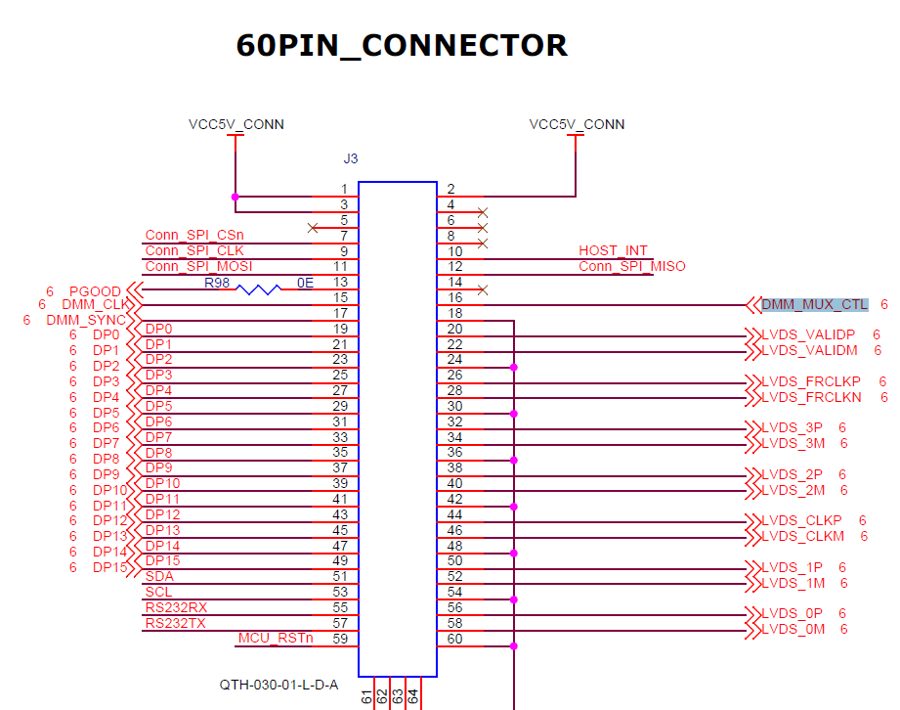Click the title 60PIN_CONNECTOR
point(402,46)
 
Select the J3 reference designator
point(351,157)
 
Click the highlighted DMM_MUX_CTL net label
point(814,305)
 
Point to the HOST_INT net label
point(613,251)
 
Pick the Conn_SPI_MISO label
point(632,267)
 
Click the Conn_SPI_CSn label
point(194,236)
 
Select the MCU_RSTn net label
point(276,639)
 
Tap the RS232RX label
point(176,607)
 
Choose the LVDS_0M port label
point(793,629)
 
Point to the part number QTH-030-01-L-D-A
point(279,685)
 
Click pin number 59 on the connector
point(340,640)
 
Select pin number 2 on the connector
point(450,190)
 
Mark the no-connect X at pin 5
point(312,228)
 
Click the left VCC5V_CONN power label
point(236,124)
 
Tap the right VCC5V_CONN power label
point(577,124)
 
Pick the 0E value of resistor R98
point(306,283)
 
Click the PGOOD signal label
point(95,291)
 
